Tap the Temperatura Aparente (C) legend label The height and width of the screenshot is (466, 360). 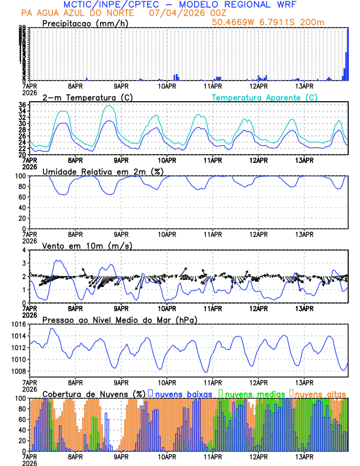click(264, 97)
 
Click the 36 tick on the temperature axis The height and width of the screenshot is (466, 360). click(22, 105)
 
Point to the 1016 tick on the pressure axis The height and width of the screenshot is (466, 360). click(19, 324)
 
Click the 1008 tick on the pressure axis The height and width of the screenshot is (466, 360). click(19, 371)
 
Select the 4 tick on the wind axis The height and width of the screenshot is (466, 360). click(24, 250)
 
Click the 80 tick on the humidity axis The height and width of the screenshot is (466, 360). click(22, 187)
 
